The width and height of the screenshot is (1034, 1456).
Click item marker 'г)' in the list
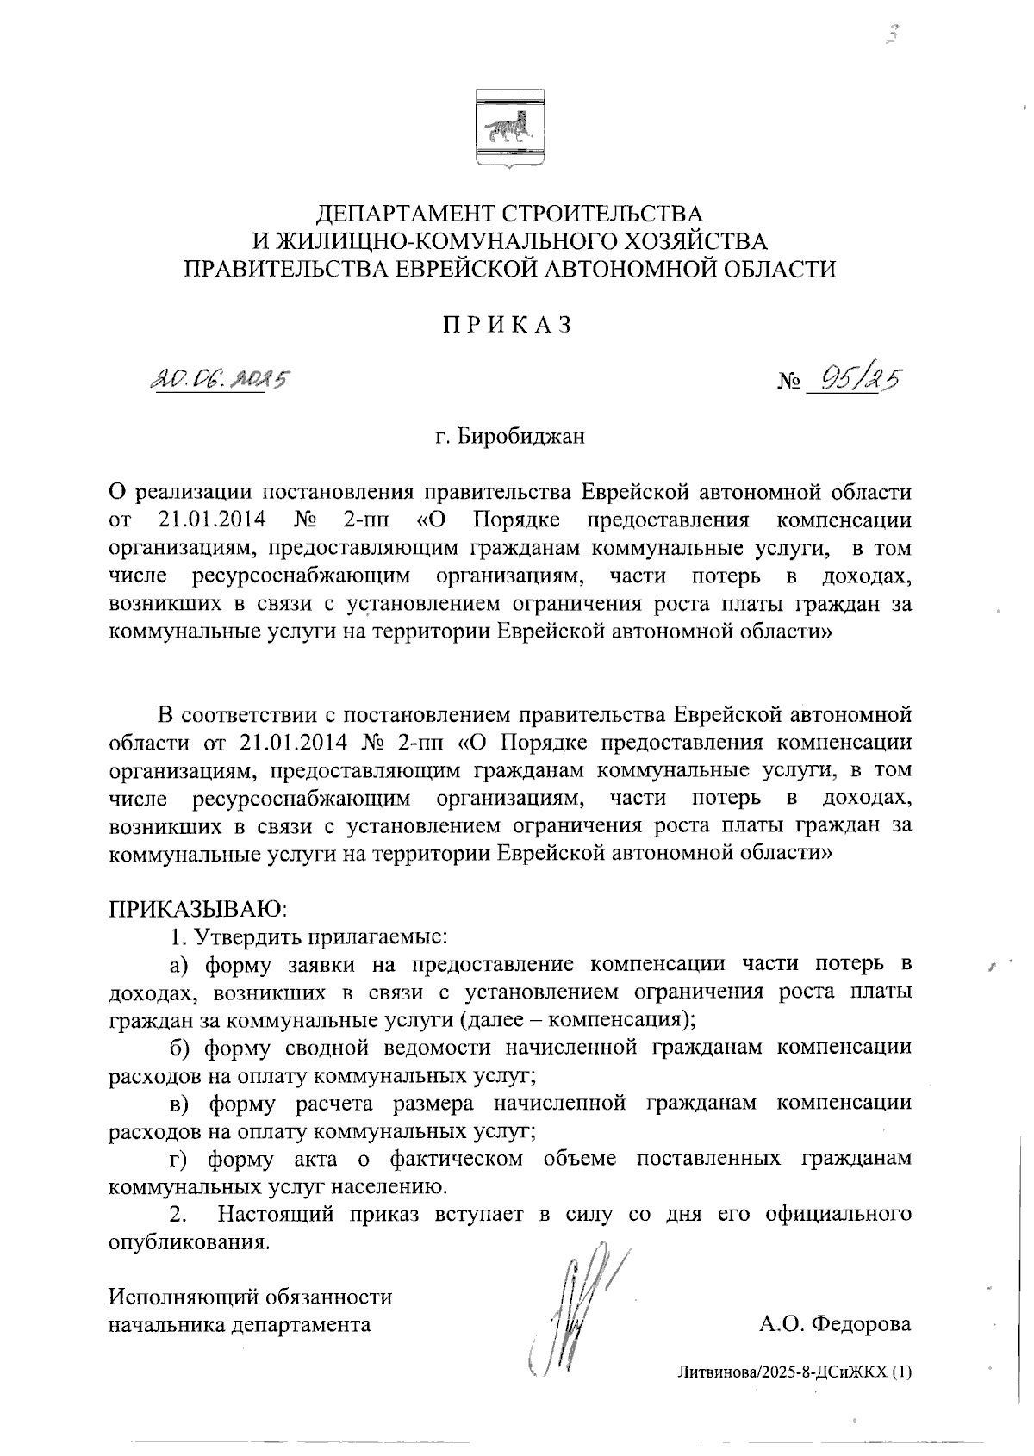coord(178,1159)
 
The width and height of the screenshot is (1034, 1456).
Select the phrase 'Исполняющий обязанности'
coord(250,1297)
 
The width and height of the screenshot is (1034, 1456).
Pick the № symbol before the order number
coord(789,381)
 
